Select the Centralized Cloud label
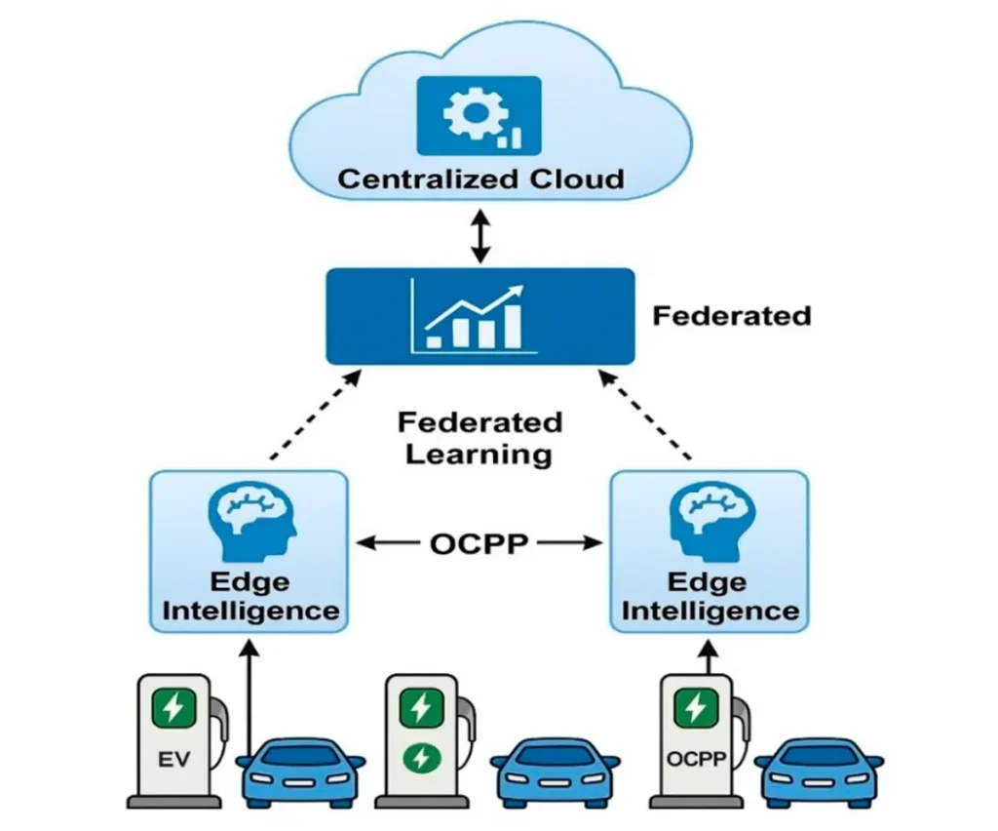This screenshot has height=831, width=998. (x=480, y=179)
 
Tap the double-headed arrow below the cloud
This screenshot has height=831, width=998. (x=480, y=234)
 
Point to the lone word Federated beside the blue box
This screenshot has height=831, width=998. (x=731, y=316)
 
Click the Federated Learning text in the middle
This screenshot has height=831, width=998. (x=480, y=438)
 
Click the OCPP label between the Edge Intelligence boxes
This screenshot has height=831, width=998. (x=479, y=544)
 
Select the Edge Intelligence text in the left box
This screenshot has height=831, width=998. (x=250, y=597)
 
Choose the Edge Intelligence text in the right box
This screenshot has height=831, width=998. (x=710, y=597)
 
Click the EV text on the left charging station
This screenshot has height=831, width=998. (x=173, y=757)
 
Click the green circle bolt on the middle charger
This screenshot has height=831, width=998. (x=420, y=758)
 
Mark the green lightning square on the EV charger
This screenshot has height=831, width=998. (x=173, y=707)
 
